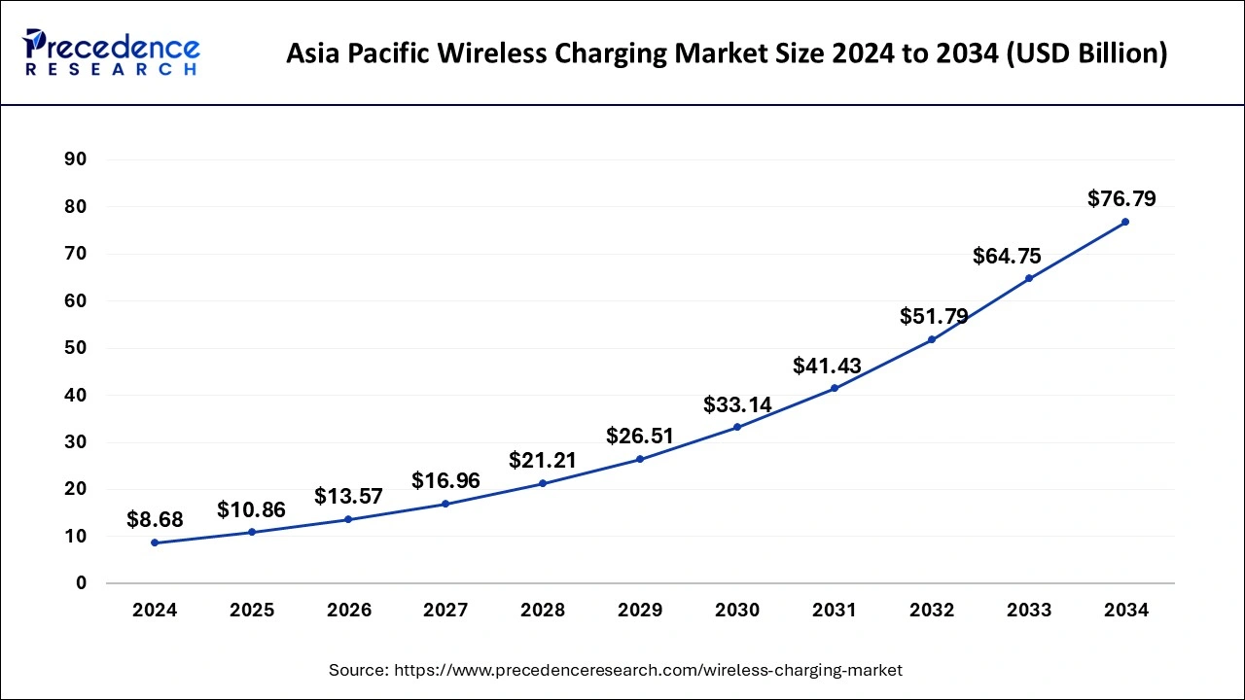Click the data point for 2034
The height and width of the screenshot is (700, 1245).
[1125, 222]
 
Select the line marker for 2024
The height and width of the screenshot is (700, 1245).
[155, 542]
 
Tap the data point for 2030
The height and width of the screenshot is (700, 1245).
[737, 427]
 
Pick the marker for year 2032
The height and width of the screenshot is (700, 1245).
[932, 339]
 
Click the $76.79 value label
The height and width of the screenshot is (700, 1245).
[1121, 199]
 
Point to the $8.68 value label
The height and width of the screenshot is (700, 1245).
[155, 520]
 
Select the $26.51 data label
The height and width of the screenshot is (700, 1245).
[640, 436]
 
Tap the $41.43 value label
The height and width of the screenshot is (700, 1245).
[827, 366]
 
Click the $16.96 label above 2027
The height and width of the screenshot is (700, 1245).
[445, 480]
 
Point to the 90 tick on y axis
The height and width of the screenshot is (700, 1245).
[76, 159]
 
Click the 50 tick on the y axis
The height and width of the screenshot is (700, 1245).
[76, 348]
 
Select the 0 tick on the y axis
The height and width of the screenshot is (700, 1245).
[82, 583]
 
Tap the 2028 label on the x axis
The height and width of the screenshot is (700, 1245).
[543, 611]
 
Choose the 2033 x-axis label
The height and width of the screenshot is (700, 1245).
[1029, 611]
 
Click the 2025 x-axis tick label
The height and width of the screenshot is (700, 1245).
[252, 611]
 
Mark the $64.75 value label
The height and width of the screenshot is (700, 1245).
[1007, 257]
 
